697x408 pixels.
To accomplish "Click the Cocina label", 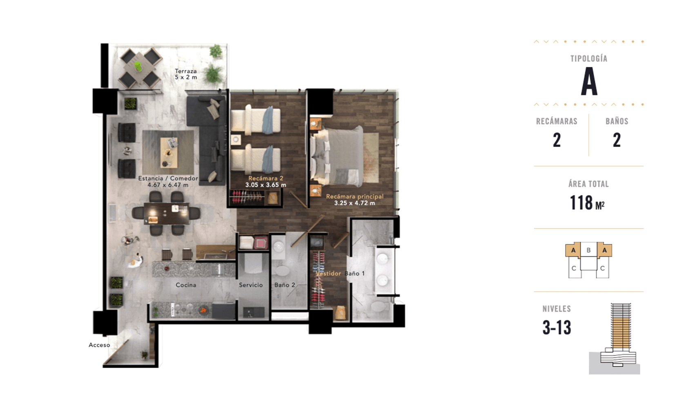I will pyautogui.click(x=186, y=285).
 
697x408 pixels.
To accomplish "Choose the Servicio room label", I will pyautogui.click(x=251, y=285).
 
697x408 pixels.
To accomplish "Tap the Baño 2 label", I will pyautogui.click(x=285, y=285).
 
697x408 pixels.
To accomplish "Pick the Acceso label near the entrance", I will pyautogui.click(x=99, y=345).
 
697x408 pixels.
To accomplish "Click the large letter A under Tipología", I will pyautogui.click(x=589, y=82).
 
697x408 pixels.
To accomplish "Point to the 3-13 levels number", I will pyautogui.click(x=557, y=327).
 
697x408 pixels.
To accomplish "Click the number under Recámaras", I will pyautogui.click(x=557, y=140).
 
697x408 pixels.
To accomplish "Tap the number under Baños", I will pyautogui.click(x=617, y=140).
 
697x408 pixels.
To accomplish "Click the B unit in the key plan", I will pyautogui.click(x=588, y=250).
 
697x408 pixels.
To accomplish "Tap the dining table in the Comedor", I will pyautogui.click(x=166, y=213).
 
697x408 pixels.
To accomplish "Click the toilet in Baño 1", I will pyautogui.click(x=377, y=306).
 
